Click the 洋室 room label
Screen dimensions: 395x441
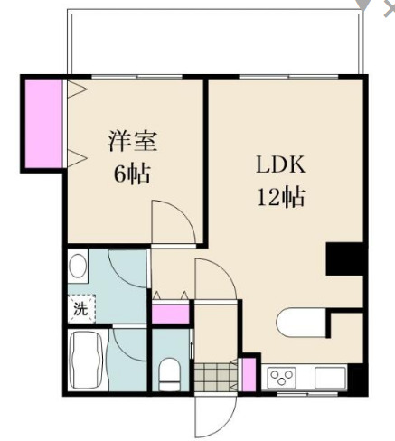[x=133, y=141]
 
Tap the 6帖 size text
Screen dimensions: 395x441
[x=132, y=174]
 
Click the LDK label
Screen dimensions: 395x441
[x=280, y=164]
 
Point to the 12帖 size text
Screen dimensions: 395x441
[x=280, y=197]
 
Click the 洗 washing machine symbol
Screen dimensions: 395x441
[x=81, y=308]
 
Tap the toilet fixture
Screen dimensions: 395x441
[x=170, y=374]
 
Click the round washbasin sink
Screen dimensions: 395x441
[x=78, y=266]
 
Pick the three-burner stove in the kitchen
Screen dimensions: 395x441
[x=281, y=378]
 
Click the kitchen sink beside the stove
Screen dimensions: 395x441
[x=330, y=378]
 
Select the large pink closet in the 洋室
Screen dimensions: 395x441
[x=43, y=123]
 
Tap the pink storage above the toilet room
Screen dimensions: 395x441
[x=170, y=314]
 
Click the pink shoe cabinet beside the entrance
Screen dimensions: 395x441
[x=249, y=374]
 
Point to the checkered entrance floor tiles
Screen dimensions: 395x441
[x=216, y=377]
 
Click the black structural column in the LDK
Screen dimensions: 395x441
[x=344, y=258]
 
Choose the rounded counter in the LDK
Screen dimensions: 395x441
[x=301, y=323]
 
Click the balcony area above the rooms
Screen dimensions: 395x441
[x=215, y=42]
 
